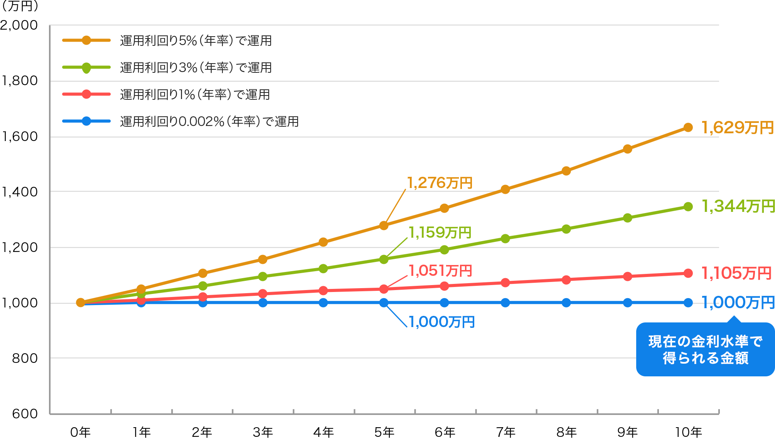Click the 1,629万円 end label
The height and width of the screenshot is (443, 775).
(737, 128)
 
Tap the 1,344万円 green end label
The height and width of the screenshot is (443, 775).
(738, 206)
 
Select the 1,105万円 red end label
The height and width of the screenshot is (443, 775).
(736, 273)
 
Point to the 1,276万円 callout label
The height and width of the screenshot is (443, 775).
(440, 183)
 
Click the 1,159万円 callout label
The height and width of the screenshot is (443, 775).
(440, 232)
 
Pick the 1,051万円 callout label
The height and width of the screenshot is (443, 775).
(440, 270)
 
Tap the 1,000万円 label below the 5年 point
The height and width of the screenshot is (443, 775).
(441, 322)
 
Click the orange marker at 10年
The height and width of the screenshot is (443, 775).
(688, 128)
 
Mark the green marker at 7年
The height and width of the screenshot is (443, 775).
(505, 238)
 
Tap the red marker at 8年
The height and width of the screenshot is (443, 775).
(566, 280)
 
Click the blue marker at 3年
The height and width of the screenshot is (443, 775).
(263, 303)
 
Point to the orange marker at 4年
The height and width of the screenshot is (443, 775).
(323, 242)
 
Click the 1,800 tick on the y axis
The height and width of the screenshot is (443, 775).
(20, 81)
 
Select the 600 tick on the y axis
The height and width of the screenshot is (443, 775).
(25, 414)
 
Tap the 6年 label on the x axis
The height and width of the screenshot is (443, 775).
(445, 432)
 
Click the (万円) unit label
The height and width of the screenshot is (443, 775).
(20, 6)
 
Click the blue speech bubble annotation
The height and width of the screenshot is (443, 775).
(705, 349)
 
